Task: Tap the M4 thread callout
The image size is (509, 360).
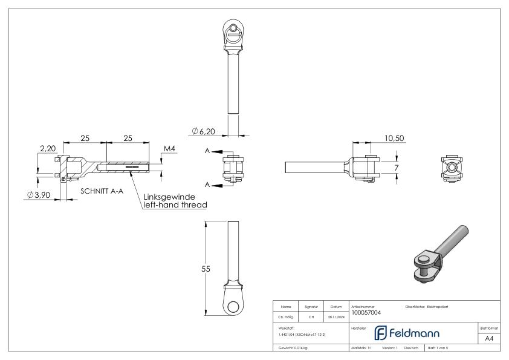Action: [170, 149]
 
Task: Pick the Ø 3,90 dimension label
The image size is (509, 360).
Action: [39, 195]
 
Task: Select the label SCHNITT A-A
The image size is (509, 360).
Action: [103, 191]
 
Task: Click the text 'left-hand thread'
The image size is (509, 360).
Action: [175, 205]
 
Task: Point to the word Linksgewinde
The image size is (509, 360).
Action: [174, 197]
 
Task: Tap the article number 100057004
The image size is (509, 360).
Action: [366, 313]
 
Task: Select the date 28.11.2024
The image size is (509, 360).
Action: [336, 316]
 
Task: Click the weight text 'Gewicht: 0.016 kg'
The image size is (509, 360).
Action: [293, 349]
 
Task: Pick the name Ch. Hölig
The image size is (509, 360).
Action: [285, 316]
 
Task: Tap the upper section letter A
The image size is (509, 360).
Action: [207, 151]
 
